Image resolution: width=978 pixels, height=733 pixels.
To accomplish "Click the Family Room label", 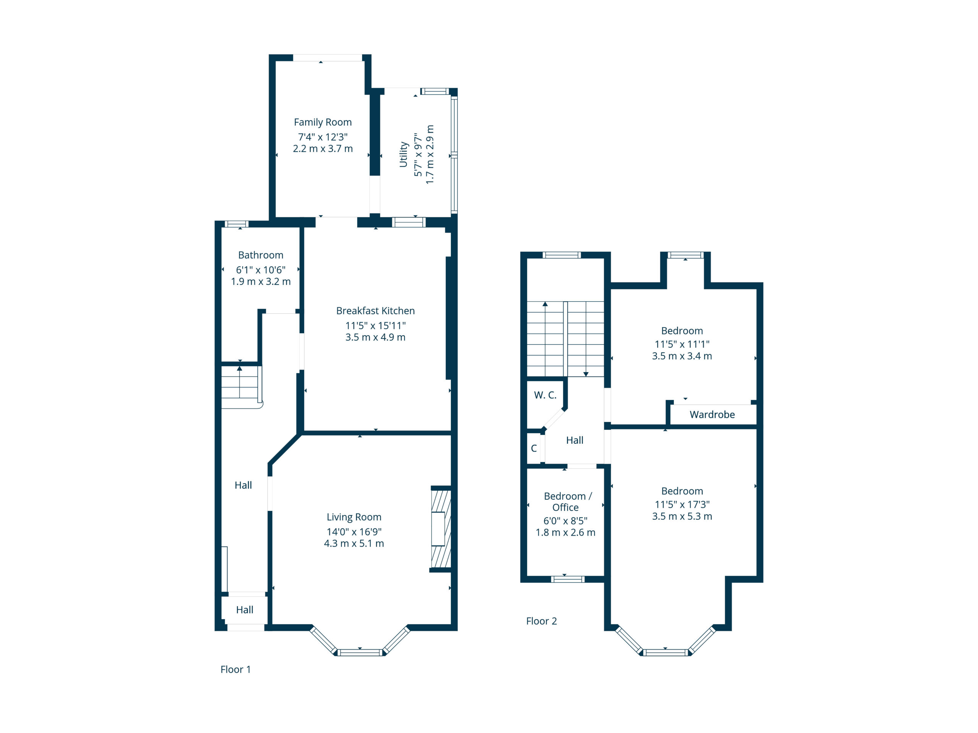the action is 323,123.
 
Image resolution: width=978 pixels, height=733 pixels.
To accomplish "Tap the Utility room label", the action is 403,155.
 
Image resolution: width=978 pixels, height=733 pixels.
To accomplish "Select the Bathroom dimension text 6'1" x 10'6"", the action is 261,270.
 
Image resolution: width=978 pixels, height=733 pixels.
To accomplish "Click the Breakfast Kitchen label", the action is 376,311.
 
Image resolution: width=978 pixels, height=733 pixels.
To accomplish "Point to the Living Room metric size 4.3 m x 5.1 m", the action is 354,544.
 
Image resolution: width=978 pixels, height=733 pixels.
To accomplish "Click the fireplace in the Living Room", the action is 441,529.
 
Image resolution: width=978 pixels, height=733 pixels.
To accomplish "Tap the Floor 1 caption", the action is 236,669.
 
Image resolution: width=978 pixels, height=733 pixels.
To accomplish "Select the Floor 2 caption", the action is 542,621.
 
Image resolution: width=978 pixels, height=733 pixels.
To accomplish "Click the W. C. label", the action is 545,395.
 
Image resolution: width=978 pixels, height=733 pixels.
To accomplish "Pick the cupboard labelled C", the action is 534,449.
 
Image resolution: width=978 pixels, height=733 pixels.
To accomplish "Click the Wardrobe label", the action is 712,415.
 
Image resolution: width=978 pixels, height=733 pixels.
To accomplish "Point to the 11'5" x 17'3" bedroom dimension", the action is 682,505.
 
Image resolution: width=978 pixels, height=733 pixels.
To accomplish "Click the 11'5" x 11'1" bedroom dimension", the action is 682,344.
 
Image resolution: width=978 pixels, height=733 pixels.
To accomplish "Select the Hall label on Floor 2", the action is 575,440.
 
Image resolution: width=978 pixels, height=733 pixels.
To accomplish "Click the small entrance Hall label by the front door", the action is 244,610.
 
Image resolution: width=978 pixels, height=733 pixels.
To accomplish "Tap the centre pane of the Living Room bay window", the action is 360,652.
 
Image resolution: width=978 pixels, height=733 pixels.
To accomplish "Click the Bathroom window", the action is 236,224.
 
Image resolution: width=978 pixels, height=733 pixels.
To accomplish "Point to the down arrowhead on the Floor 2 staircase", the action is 586,374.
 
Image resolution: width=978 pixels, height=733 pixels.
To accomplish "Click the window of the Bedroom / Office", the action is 568,579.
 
